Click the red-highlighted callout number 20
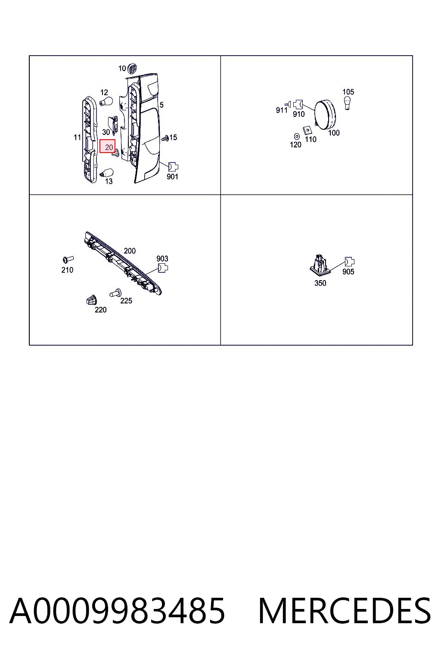(x=109, y=147)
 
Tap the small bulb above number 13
(x=106, y=173)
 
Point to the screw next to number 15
(x=165, y=137)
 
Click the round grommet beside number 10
(x=133, y=69)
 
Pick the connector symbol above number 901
(x=173, y=167)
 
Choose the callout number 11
(x=77, y=137)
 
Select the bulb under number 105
(x=348, y=103)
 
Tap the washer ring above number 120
(x=297, y=136)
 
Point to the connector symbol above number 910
(x=298, y=104)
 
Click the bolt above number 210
(x=68, y=259)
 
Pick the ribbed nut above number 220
(x=92, y=300)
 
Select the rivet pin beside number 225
(x=115, y=293)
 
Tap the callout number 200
(x=130, y=251)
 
